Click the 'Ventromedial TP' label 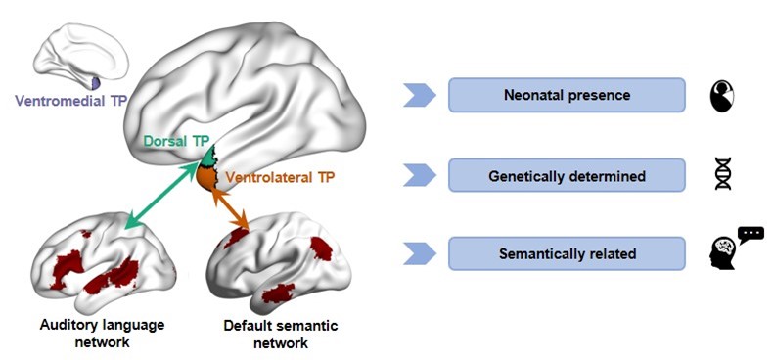tap(71, 101)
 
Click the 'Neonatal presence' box tap(567, 95)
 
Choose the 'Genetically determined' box tap(567, 175)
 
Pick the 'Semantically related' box tap(567, 253)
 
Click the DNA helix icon tap(723, 173)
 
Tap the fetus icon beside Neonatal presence tap(722, 95)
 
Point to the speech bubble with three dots tap(750, 234)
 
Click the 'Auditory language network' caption tap(102, 334)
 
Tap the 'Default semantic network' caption tap(281, 335)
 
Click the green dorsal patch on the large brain tap(209, 157)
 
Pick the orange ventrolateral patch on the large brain tap(207, 177)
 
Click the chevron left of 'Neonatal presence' tap(420, 95)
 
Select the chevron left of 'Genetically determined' tap(420, 175)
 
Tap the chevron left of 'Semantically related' tap(420, 253)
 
